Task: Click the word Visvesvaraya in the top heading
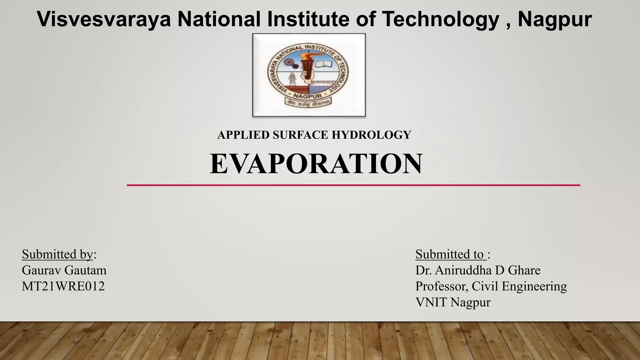tap(104, 19)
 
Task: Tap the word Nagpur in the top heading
tap(555, 19)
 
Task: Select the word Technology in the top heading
tap(441, 19)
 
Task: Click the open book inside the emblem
tap(323, 64)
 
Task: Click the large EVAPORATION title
tap(316, 164)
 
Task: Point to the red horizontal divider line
tap(353, 185)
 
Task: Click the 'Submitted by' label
tap(57, 254)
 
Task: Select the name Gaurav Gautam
tap(64, 270)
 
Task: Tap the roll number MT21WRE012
tap(63, 286)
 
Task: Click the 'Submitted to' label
tap(450, 254)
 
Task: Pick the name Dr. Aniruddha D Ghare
tap(478, 270)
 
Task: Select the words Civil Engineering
tap(519, 286)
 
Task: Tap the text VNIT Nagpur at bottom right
tap(453, 302)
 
